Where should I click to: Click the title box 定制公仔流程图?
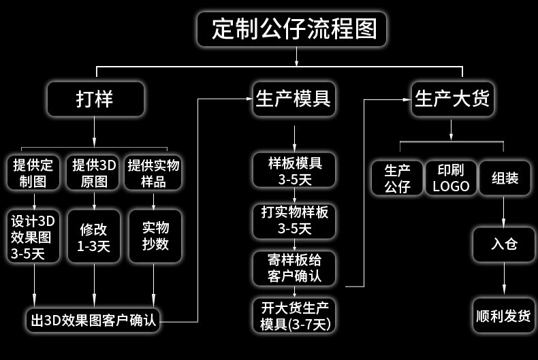pos(294,30)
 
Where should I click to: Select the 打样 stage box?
pos(95,99)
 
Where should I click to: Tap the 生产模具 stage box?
pos(294,99)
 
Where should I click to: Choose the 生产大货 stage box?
pos(452,99)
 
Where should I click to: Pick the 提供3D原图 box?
pos(94,173)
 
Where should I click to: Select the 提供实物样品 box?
pos(153,173)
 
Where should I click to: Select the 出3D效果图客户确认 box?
pos(94,320)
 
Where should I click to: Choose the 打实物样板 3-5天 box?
pos(294,220)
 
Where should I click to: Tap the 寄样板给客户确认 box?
pos(294,268)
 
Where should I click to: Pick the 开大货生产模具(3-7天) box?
pos(294,315)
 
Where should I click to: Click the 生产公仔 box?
pos(397,178)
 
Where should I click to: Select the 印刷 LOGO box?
pos(451,178)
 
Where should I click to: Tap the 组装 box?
pos(505,178)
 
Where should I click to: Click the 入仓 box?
pos(504,244)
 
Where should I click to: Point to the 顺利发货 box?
pos(504,315)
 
